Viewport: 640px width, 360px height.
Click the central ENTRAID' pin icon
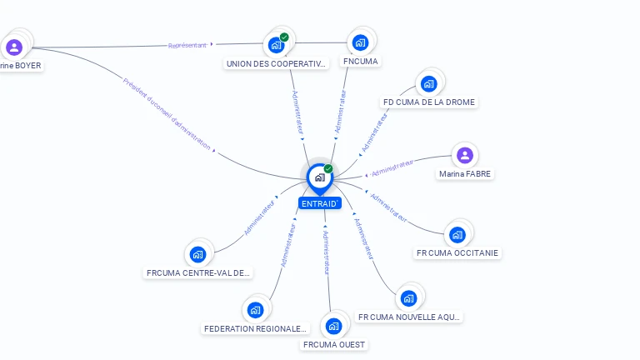[319, 177]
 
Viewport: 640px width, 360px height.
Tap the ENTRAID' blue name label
[319, 203]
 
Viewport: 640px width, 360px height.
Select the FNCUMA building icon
[360, 42]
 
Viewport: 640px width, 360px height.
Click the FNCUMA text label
[360, 62]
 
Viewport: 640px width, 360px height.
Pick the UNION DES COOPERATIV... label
[277, 63]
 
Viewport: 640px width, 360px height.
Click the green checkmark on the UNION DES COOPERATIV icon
[284, 37]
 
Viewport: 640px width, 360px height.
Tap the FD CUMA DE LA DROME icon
[428, 83]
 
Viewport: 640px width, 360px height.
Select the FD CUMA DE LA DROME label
[428, 102]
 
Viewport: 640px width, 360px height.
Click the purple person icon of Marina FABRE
[465, 155]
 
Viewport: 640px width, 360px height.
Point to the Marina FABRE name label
[465, 174]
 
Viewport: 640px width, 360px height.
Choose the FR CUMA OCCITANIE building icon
[457, 235]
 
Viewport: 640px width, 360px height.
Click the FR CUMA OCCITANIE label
[458, 253]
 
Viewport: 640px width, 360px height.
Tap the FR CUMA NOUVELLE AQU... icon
[408, 298]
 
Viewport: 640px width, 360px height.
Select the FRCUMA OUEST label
[334, 345]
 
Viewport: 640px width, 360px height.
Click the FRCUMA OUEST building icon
[334, 326]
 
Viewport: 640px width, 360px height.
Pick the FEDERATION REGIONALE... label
[256, 329]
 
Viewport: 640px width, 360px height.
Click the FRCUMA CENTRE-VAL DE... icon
[197, 254]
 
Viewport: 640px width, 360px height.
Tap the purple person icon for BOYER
[13, 47]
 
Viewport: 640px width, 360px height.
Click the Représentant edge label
[187, 45]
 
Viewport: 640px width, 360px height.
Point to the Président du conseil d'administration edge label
[166, 113]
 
